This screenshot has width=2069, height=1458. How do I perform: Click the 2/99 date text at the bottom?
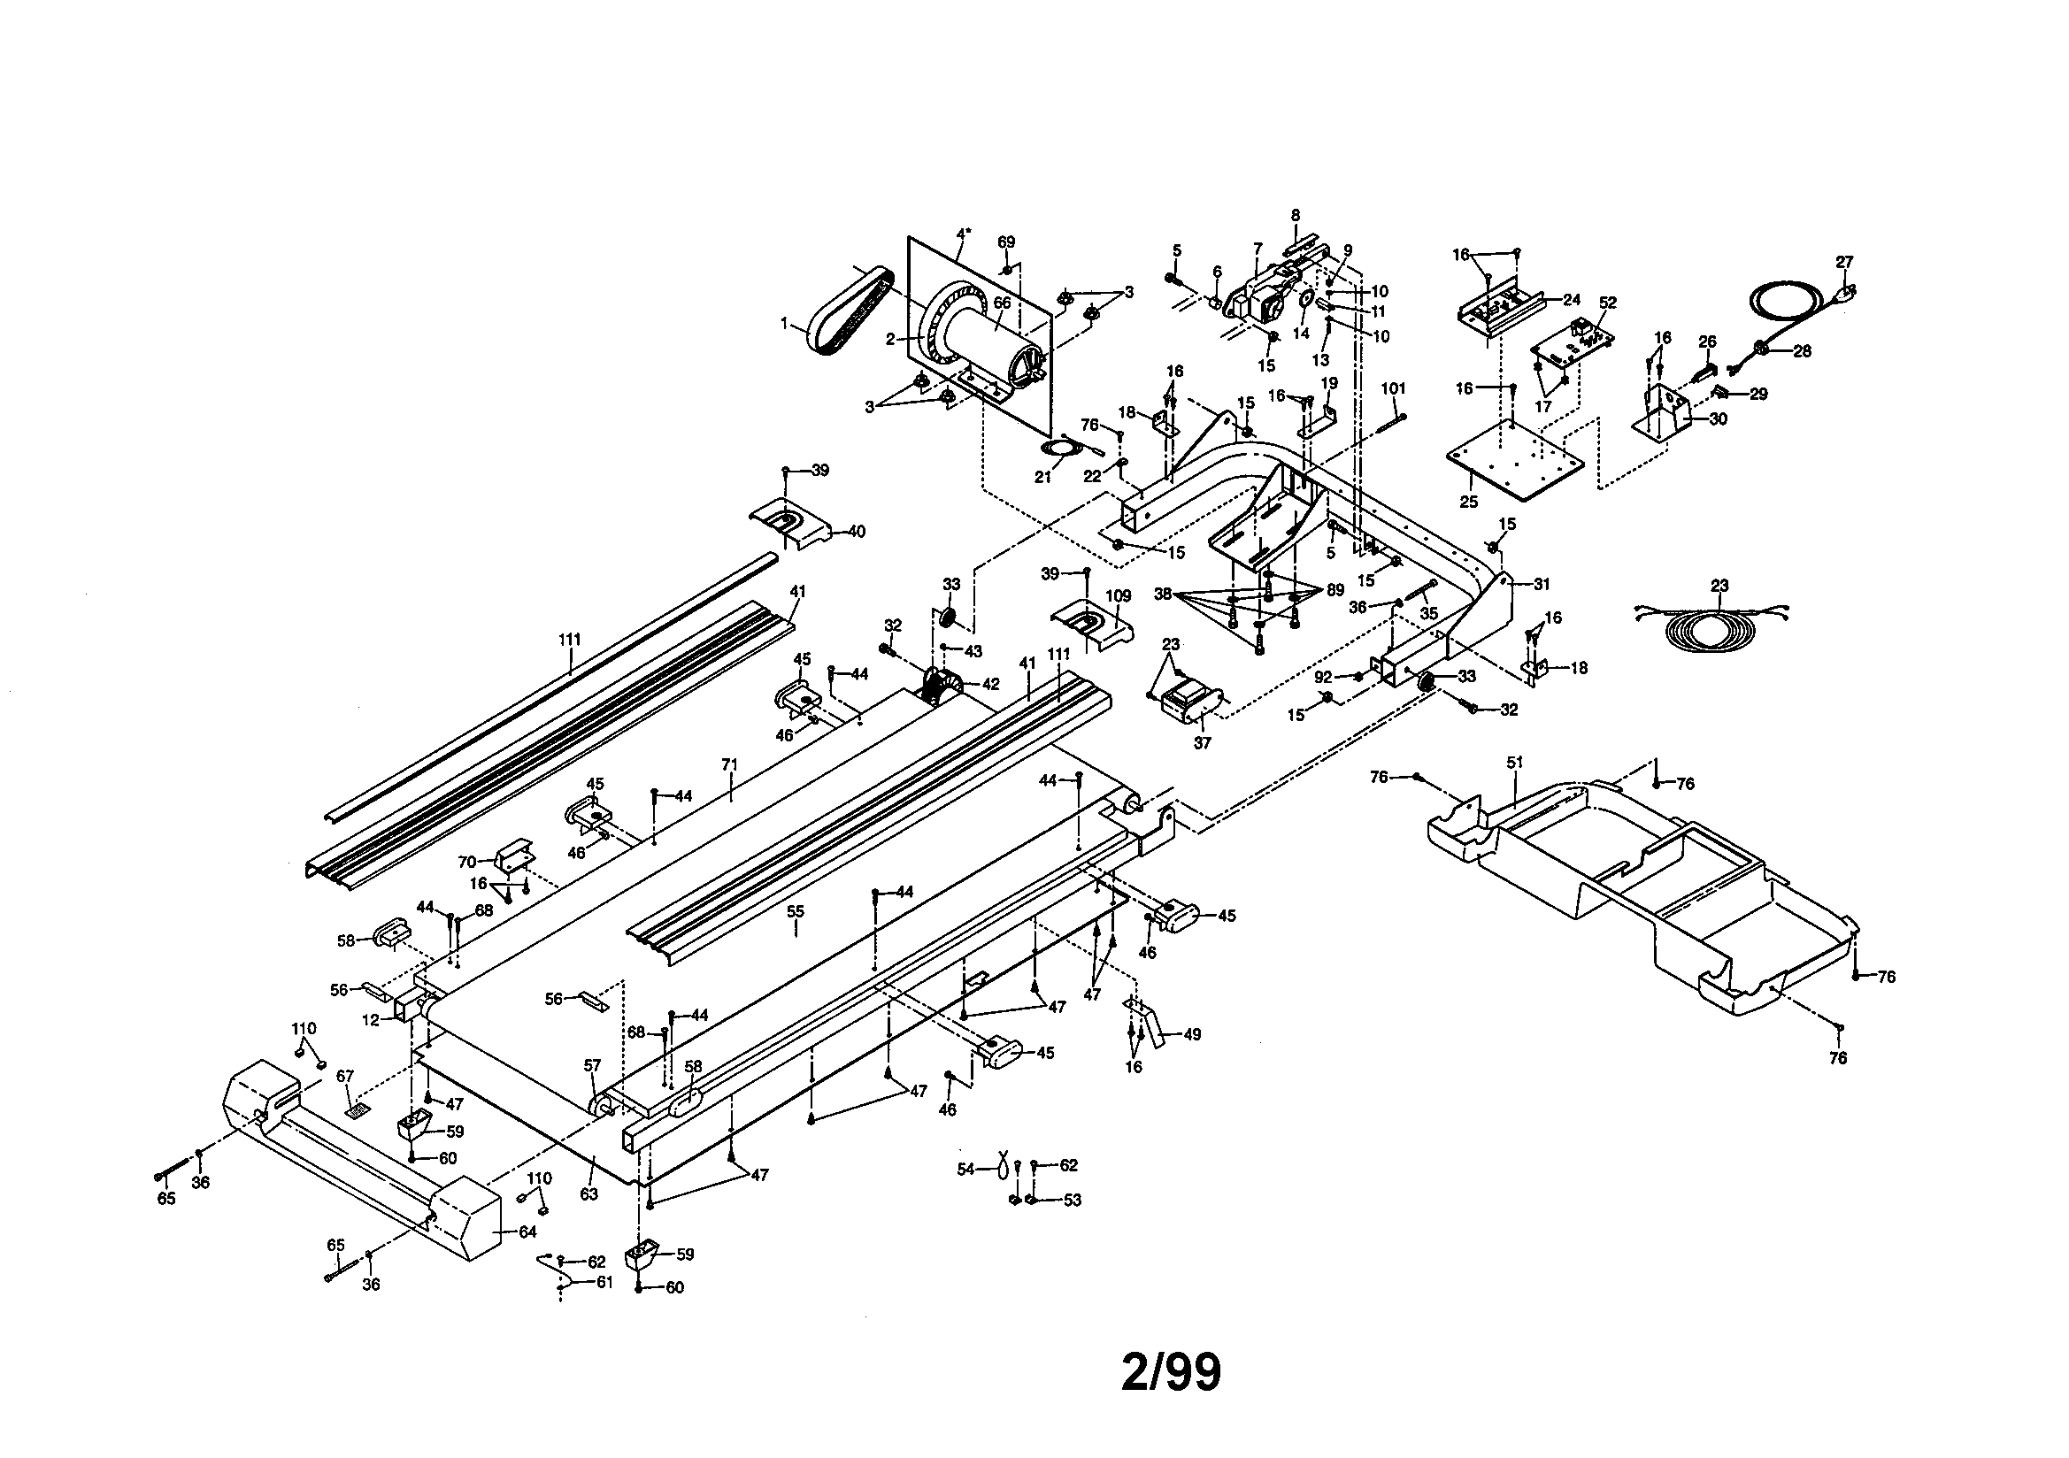(1171, 1372)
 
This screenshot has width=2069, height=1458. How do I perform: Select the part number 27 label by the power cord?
(1843, 262)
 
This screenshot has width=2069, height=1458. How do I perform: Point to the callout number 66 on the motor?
(1002, 303)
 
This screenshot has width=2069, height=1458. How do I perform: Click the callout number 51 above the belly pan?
(1515, 763)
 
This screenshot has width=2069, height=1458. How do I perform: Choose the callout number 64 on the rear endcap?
(527, 1232)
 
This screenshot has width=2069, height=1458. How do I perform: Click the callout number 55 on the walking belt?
(795, 911)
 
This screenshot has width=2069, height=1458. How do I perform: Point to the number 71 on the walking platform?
(730, 764)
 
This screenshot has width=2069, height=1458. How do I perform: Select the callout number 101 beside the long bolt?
(1393, 388)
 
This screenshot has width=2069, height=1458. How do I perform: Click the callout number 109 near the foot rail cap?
(1119, 596)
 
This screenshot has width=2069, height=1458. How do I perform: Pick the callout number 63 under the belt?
(588, 1195)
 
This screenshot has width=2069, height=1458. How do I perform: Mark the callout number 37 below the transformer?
(1202, 743)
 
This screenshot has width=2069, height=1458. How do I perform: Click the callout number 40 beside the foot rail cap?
(855, 532)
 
